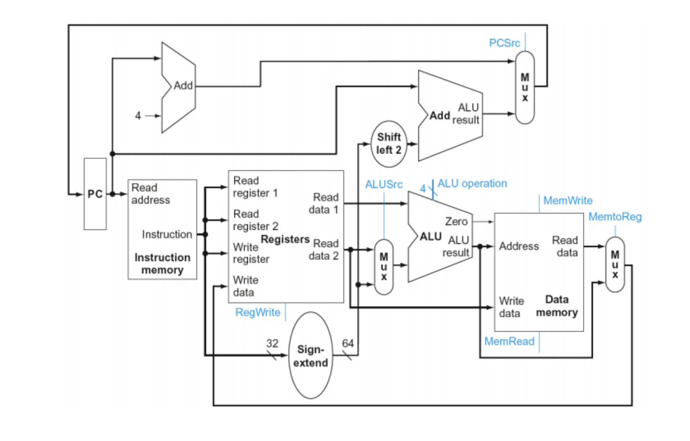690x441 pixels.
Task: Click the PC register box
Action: pos(95,194)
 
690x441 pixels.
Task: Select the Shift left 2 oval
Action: pos(389,143)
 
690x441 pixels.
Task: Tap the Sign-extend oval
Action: pos(311,355)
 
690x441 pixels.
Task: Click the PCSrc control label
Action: pos(504,43)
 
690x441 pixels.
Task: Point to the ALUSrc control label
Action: pos(384,184)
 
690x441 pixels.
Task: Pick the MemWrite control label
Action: pos(567,201)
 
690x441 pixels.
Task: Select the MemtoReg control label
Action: pos(615,217)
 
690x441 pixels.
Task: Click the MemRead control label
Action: pos(509,341)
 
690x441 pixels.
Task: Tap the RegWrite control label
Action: pos(257,312)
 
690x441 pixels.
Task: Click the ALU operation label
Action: pos(472,183)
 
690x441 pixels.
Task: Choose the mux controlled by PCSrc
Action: pos(525,88)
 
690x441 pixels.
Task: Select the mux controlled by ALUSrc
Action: pos(384,267)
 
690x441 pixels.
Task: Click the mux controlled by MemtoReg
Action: pos(615,264)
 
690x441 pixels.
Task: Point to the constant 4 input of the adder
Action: pos(139,115)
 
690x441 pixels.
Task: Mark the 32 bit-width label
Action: pos(272,343)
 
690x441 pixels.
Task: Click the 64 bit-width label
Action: pos(348,343)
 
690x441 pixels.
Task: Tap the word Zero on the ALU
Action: pos(456,222)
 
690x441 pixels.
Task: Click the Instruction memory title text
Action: pos(163,264)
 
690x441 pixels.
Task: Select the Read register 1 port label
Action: pos(255,187)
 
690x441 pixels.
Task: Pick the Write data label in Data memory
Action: pos(511,307)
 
